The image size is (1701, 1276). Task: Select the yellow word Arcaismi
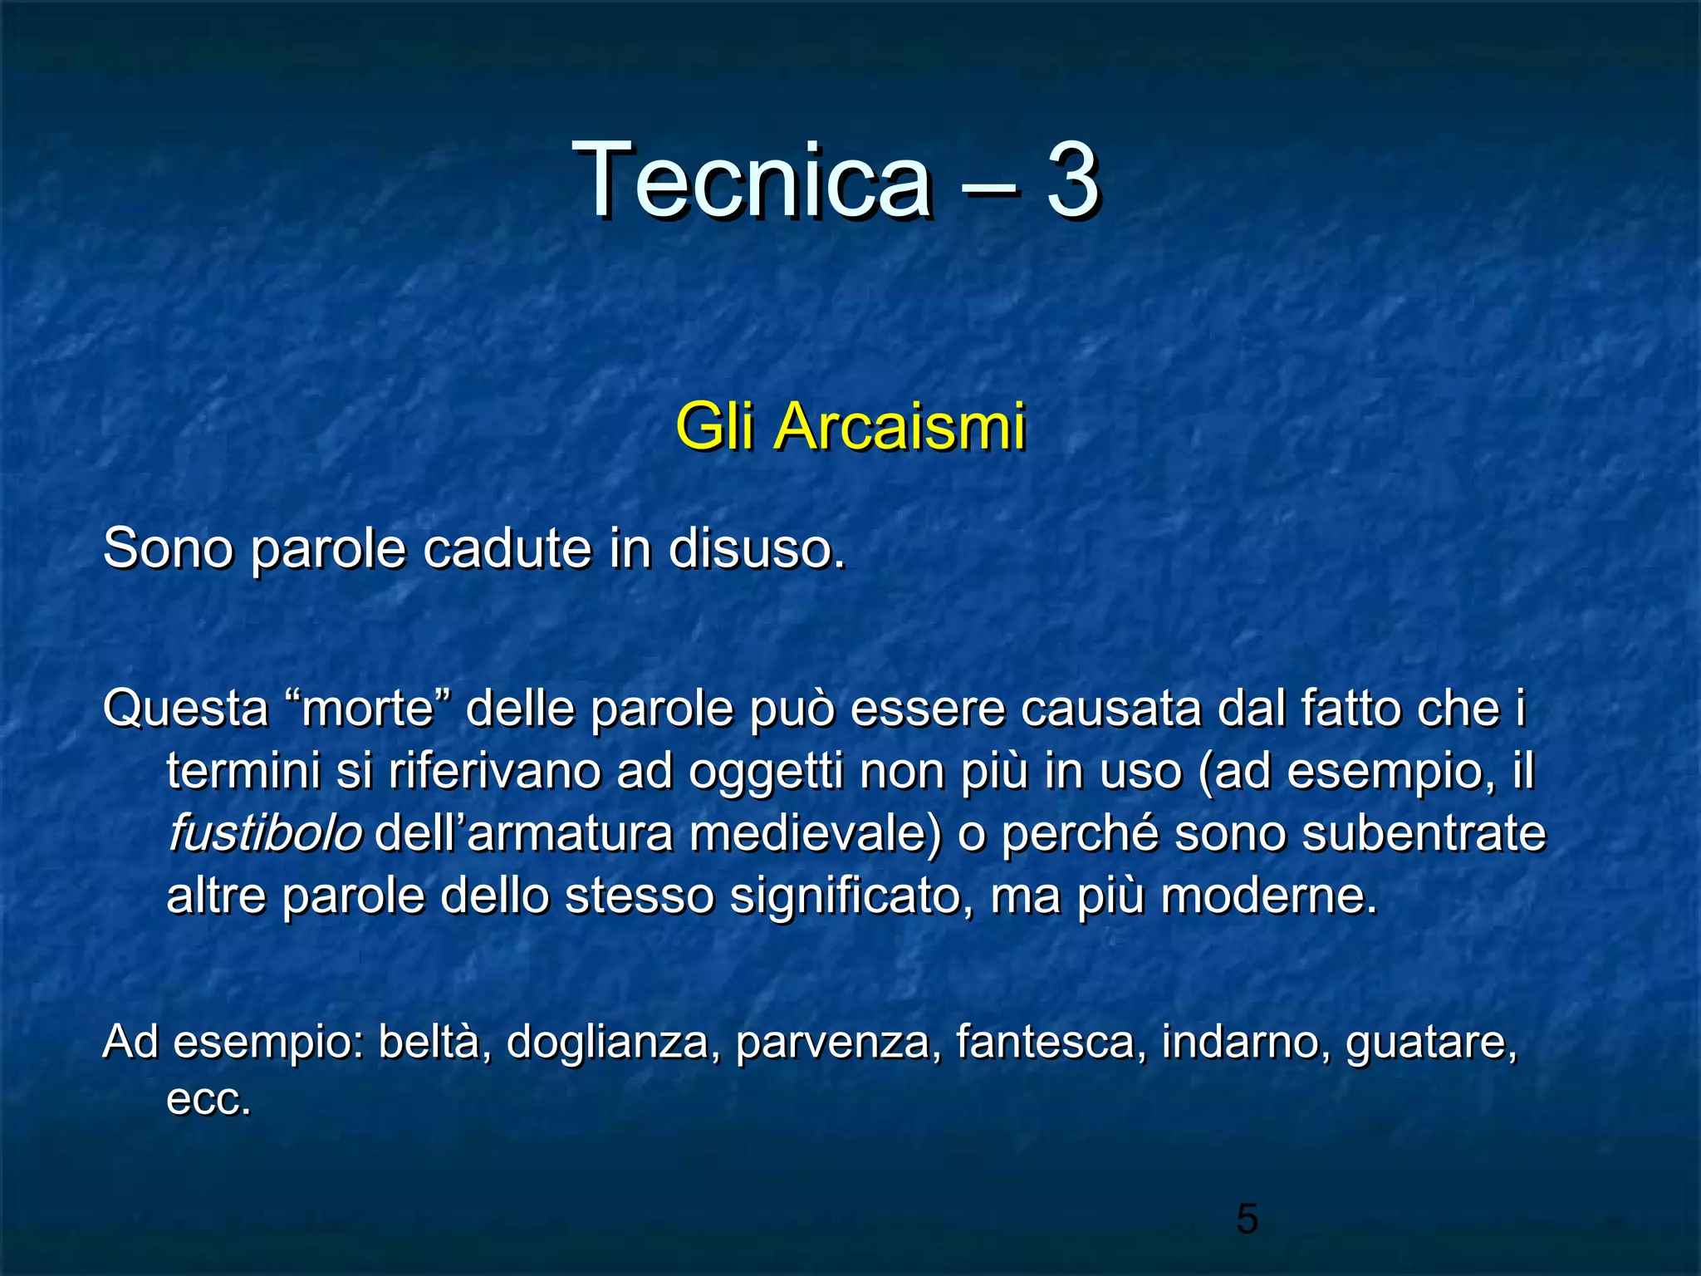coord(900,426)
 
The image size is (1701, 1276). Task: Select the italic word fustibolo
coord(265,833)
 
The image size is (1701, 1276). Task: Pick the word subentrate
coord(1424,833)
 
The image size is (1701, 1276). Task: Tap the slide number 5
coord(1247,1219)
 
